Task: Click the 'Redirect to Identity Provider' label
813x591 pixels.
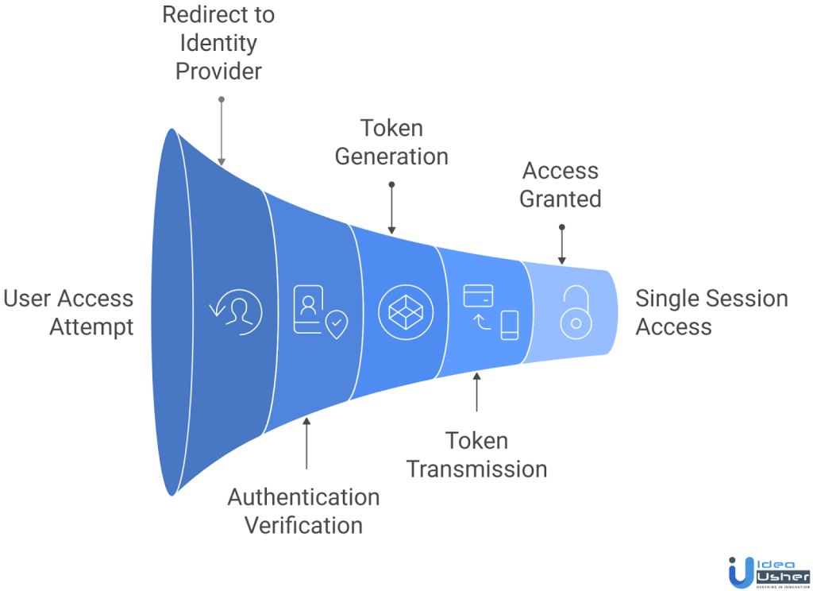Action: pyautogui.click(x=218, y=43)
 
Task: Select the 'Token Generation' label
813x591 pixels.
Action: pyautogui.click(x=391, y=142)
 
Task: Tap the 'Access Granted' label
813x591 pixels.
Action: pyautogui.click(x=561, y=184)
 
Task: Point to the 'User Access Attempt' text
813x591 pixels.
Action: pyautogui.click(x=68, y=312)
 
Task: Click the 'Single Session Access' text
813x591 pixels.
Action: pyautogui.click(x=711, y=312)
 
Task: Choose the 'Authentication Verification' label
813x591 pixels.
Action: pyautogui.click(x=303, y=511)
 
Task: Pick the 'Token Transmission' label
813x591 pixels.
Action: pyautogui.click(x=476, y=454)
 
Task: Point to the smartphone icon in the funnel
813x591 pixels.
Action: pyautogui.click(x=510, y=324)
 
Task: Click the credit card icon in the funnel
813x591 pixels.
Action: pyautogui.click(x=479, y=295)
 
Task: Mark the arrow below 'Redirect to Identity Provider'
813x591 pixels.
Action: pyautogui.click(x=222, y=130)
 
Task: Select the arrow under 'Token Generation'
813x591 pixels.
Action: pyautogui.click(x=391, y=207)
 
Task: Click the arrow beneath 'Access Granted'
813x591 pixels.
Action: pyautogui.click(x=561, y=245)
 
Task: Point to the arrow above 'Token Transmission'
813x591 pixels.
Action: pyautogui.click(x=476, y=393)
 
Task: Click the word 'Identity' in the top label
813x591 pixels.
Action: pyautogui.click(x=218, y=43)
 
